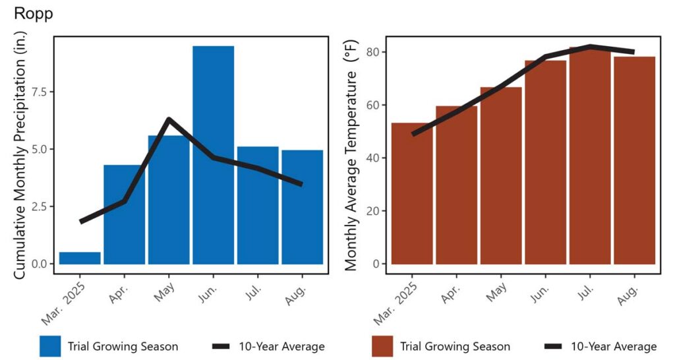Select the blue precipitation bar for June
(213, 155)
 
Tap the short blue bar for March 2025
(80, 258)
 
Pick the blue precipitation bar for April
(125, 214)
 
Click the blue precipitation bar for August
(302, 207)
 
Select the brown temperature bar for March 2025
(412, 194)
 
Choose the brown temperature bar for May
(501, 175)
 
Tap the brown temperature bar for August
(635, 161)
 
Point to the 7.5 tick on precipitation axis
(38, 92)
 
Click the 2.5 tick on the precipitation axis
(38, 206)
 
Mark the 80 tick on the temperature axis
(370, 52)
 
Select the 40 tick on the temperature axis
(370, 158)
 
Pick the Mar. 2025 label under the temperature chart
(396, 304)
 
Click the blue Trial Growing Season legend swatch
(50, 346)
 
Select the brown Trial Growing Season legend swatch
(382, 346)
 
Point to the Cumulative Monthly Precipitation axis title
(20, 155)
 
